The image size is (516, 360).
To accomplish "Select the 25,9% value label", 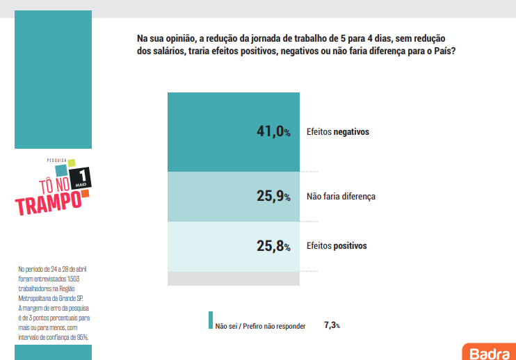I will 272,197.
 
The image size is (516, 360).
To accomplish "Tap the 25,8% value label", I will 272,245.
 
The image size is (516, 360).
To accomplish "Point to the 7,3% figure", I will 332,325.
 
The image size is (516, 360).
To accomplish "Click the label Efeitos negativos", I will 337,131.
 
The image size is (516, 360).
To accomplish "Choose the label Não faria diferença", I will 341,197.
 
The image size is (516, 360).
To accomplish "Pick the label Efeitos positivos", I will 337,245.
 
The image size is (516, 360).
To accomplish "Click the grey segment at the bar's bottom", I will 234,278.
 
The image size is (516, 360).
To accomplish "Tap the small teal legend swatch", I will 210,320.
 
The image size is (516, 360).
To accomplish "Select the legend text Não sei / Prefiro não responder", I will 260,325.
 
